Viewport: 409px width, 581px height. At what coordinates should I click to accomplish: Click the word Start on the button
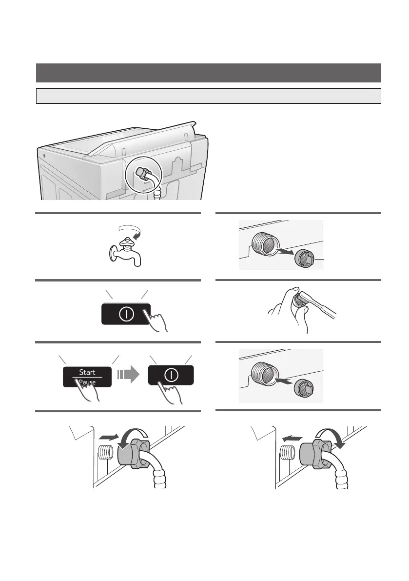point(88,371)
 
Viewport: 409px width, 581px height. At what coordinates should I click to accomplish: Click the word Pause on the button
point(88,382)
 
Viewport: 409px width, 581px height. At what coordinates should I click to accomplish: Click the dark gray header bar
point(208,73)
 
